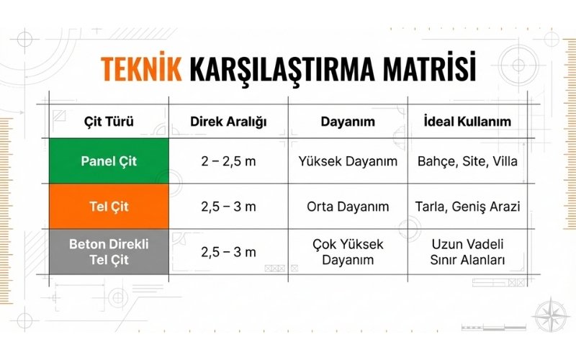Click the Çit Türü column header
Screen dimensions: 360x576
[109, 121]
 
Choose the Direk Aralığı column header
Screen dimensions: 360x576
[228, 121]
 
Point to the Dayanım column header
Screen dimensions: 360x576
[348, 121]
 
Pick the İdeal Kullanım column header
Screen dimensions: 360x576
[467, 121]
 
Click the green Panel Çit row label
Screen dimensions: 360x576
[109, 161]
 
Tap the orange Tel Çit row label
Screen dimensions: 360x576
[109, 207]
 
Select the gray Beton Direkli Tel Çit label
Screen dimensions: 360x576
[109, 251]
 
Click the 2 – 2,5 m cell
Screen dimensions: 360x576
[228, 161]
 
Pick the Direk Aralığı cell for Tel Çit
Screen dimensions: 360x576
[228, 207]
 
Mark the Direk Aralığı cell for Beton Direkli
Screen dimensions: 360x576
[228, 251]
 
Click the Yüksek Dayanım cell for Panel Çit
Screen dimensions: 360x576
[348, 161]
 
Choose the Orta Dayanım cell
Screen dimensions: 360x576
[348, 207]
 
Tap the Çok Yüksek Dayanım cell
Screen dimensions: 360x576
[348, 251]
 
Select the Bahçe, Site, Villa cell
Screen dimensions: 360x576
[467, 161]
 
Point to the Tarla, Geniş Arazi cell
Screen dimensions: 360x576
[467, 207]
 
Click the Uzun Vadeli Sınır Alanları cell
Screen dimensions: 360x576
[467, 251]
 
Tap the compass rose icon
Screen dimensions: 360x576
[551, 315]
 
